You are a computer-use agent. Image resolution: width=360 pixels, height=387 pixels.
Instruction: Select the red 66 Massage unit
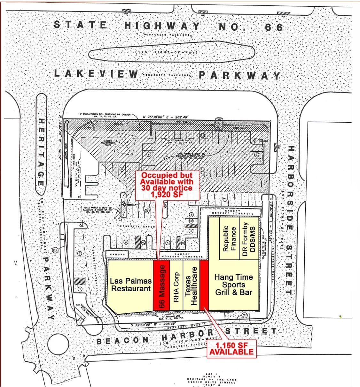(161, 286)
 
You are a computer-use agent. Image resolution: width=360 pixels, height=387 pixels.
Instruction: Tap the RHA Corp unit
(176, 286)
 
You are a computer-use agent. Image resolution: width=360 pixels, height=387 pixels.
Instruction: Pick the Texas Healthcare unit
(191, 286)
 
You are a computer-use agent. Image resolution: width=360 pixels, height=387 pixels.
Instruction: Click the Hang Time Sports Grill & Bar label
(233, 285)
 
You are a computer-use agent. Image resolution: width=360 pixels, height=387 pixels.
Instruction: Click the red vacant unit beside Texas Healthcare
(204, 286)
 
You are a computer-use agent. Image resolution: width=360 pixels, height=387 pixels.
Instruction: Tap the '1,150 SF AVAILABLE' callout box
(231, 349)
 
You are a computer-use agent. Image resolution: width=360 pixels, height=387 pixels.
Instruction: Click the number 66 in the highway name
(274, 27)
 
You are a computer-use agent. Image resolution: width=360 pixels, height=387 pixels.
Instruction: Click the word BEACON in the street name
(123, 341)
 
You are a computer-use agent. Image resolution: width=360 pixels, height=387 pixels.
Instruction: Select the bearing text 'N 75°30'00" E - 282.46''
(166, 117)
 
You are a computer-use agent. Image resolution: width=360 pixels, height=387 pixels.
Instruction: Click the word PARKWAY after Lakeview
(239, 76)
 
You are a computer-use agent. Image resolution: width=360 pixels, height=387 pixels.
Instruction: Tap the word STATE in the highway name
(80, 25)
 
